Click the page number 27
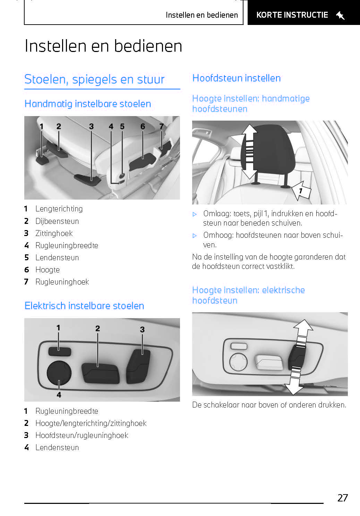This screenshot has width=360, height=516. click(x=342, y=498)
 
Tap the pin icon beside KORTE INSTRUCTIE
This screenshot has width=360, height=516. click(x=340, y=15)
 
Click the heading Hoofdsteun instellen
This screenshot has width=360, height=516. click(x=236, y=78)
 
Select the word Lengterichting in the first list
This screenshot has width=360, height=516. click(x=59, y=209)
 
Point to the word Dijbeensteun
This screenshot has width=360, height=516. click(x=57, y=221)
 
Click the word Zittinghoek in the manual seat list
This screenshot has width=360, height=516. click(x=54, y=233)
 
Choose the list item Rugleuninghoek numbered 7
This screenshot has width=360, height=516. click(x=62, y=282)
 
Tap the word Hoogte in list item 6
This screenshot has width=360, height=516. click(x=48, y=270)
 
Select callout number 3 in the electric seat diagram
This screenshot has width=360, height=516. click(x=142, y=330)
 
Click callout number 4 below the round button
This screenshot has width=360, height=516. click(x=59, y=395)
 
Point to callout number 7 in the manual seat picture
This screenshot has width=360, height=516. click(x=161, y=126)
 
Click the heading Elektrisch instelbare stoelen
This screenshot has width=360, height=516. click(x=84, y=306)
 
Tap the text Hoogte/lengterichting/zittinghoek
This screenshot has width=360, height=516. click(x=91, y=423)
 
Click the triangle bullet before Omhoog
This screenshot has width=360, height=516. click(x=195, y=236)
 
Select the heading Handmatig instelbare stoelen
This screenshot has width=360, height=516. click(x=88, y=104)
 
